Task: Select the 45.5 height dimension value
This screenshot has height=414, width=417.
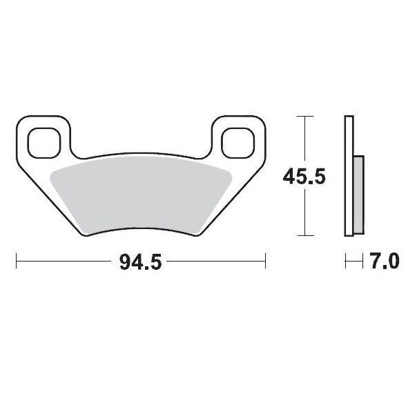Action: point(304,177)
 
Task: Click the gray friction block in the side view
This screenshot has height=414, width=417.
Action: point(358,195)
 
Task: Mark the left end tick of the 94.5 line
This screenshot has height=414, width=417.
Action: point(16,262)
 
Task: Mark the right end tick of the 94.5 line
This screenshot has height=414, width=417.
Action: point(266,262)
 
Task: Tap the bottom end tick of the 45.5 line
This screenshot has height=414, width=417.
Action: point(304,237)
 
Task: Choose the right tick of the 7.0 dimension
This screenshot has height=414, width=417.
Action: point(362,262)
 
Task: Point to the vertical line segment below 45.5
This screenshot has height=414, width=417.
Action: point(304,214)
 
